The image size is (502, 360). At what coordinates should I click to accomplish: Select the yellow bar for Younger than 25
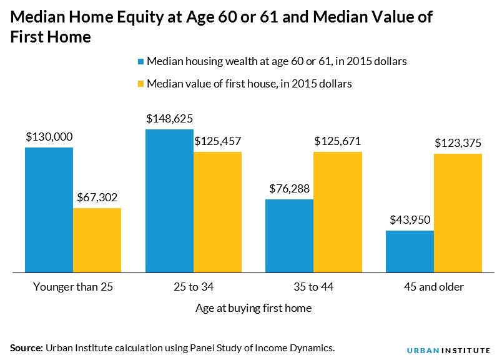[97, 240]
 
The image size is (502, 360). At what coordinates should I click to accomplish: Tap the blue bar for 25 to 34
[169, 201]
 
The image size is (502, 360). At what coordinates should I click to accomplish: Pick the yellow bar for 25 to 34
[217, 212]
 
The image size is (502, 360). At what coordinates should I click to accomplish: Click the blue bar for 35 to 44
[289, 236]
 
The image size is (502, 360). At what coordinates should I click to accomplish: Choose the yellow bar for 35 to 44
[337, 212]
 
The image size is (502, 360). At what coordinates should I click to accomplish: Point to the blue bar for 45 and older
[410, 251]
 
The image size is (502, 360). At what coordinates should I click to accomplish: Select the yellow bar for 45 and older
[458, 212]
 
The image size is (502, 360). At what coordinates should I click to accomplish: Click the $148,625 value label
[169, 118]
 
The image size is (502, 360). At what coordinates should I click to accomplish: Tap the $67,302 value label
[97, 197]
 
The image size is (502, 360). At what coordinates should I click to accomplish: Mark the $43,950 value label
[410, 220]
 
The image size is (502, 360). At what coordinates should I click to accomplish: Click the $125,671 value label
[337, 141]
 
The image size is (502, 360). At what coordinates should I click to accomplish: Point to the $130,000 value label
[49, 136]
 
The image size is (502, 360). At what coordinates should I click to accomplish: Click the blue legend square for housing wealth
[141, 61]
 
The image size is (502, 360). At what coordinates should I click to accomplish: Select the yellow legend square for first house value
[141, 83]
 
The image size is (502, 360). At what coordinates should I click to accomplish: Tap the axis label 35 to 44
[313, 287]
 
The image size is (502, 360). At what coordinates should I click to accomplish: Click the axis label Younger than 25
[73, 287]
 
